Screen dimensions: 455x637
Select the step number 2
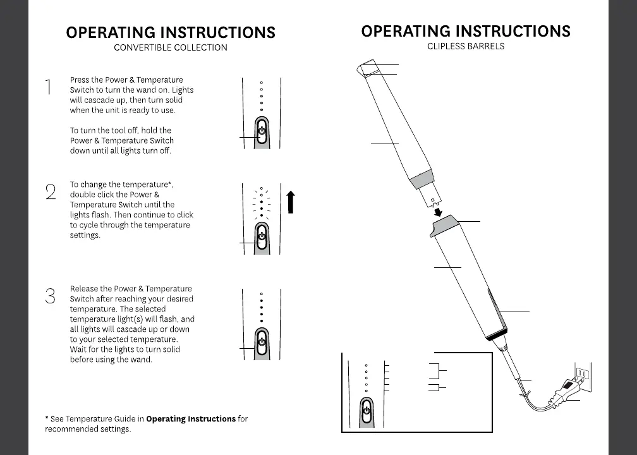[51, 191]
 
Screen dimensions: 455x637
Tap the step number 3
[51, 296]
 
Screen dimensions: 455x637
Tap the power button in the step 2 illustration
[262, 238]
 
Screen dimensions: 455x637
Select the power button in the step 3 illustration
[262, 344]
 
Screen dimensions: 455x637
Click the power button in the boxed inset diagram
[366, 411]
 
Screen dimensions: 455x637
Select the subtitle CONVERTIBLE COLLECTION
[171, 47]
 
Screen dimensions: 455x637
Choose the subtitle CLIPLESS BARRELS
[466, 46]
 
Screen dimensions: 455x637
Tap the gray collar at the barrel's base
[421, 179]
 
